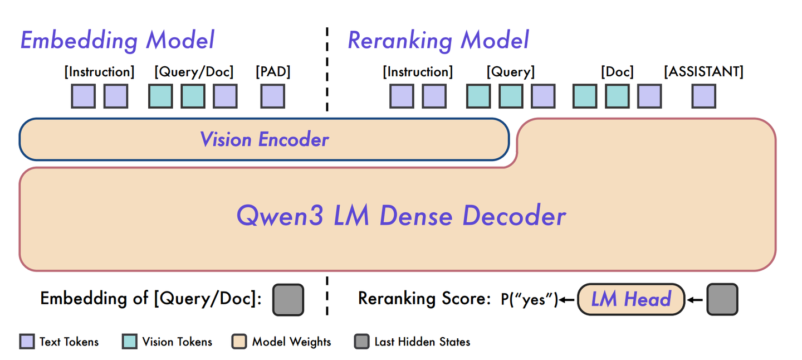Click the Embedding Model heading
(x=118, y=41)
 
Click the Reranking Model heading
(x=438, y=41)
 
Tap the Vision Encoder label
(x=265, y=139)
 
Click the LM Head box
(x=630, y=300)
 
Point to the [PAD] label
(x=273, y=72)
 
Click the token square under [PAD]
(x=273, y=96)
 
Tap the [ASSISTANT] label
(x=703, y=72)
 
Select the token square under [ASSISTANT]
(x=704, y=96)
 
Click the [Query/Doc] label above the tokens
(x=194, y=72)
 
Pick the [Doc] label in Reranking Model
(x=617, y=72)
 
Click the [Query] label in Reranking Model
(x=510, y=72)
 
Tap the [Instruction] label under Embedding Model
(x=100, y=72)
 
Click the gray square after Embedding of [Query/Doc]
(x=288, y=300)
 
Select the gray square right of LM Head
(x=722, y=300)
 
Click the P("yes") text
(x=529, y=300)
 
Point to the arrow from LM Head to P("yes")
(x=567, y=300)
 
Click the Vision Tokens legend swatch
(x=129, y=342)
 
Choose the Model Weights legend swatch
(x=239, y=342)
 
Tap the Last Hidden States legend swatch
(x=361, y=342)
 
